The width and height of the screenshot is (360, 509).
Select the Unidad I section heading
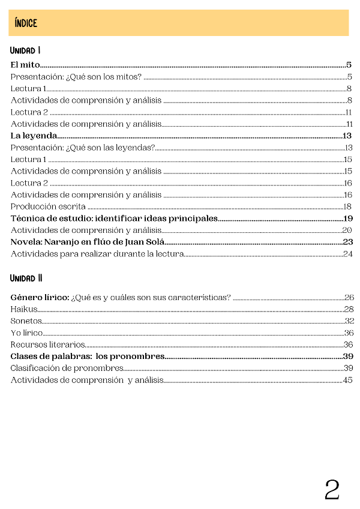click(x=25, y=50)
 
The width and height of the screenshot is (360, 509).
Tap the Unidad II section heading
click(x=26, y=279)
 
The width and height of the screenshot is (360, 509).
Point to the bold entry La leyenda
click(x=34, y=136)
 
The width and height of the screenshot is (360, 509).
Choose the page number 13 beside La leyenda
click(x=347, y=136)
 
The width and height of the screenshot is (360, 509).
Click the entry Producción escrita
click(x=48, y=206)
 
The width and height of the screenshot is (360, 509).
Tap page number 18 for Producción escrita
click(x=347, y=206)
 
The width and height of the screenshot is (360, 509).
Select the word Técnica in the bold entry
click(x=27, y=218)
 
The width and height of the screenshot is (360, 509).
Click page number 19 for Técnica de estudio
click(x=348, y=218)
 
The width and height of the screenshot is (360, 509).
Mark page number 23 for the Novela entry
click(x=347, y=242)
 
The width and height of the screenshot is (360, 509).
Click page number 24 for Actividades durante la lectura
click(x=347, y=254)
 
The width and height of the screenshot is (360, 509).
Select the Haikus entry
click(x=24, y=309)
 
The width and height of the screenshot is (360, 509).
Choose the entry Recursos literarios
click(x=47, y=345)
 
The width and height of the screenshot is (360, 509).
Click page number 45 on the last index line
click(x=347, y=380)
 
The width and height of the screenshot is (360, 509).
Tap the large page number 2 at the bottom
click(x=332, y=490)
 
